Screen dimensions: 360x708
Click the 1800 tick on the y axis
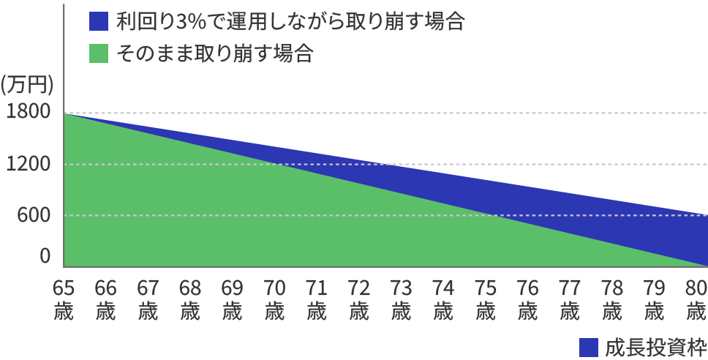pos(26,112)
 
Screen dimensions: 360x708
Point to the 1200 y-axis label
pos(26,164)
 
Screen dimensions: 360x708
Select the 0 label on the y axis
pos(45,255)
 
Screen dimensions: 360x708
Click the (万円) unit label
pos(27,84)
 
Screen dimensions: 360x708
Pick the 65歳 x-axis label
pos(64,299)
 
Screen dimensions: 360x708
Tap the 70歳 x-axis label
pos(274,299)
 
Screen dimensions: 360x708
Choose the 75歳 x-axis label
pos(484,299)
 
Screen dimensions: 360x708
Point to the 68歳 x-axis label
pos(190,299)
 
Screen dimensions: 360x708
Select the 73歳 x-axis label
pos(400,299)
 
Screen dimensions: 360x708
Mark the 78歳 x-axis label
pos(610,299)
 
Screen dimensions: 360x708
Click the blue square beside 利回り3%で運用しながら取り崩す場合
pos(98,21)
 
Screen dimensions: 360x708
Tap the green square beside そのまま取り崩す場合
pos(98,53)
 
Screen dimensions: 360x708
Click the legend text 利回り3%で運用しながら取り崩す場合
pos(290,21)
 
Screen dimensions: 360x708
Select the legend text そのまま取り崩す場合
pos(214,53)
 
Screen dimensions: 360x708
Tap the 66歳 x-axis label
pos(106,299)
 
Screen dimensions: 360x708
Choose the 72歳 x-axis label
pos(358,299)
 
